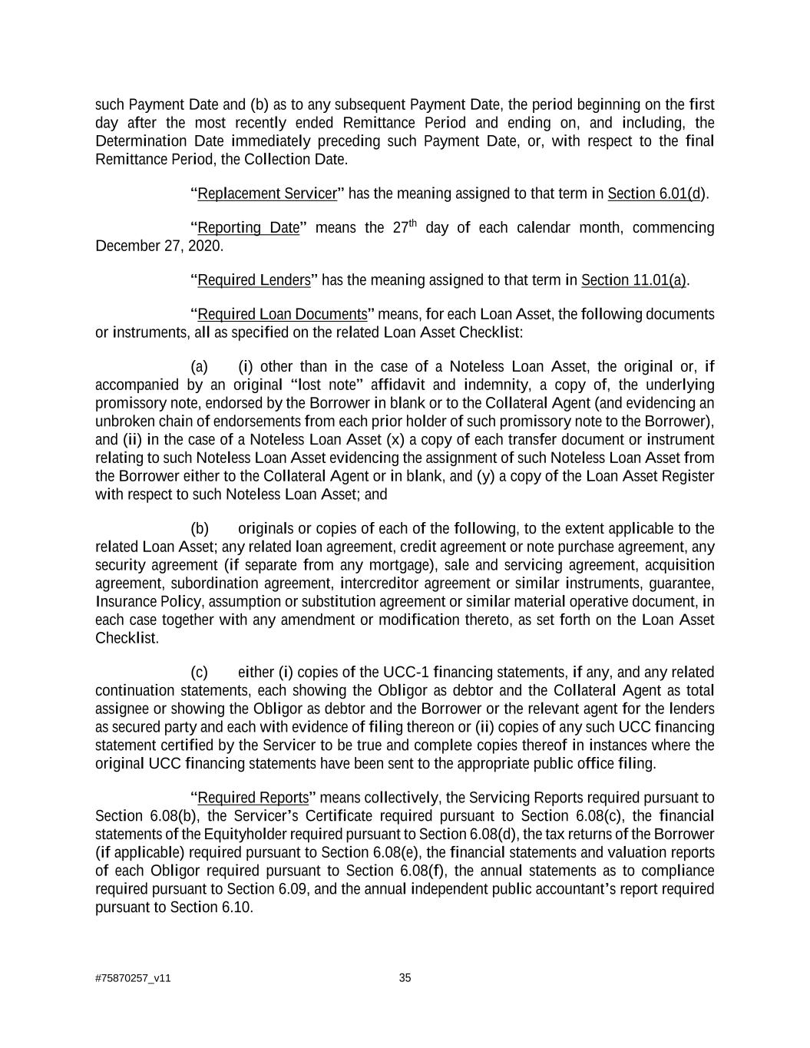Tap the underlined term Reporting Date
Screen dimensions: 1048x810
(248, 229)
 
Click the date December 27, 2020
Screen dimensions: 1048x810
(159, 246)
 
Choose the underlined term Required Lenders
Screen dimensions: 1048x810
(254, 280)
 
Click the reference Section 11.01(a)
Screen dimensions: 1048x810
(634, 280)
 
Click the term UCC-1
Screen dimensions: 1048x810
(399, 673)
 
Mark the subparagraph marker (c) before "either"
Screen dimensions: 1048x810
(200, 673)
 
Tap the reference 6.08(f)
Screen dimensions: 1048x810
(421, 871)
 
